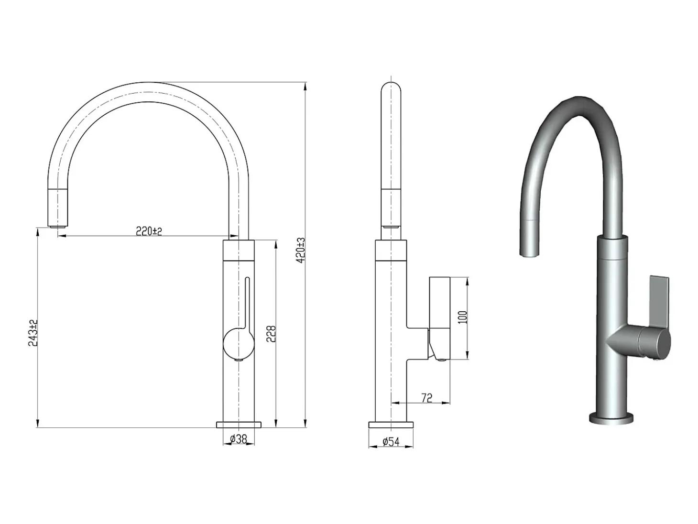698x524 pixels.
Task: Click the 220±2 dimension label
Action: click(x=149, y=231)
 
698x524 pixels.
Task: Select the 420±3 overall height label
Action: click(x=301, y=250)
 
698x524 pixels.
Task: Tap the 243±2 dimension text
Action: click(x=33, y=333)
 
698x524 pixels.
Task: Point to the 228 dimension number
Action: click(x=271, y=334)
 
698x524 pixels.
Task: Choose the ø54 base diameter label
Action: click(x=391, y=442)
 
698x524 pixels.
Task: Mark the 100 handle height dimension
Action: click(x=463, y=317)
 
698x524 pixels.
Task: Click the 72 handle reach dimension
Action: click(x=427, y=398)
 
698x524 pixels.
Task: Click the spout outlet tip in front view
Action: click(x=57, y=227)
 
